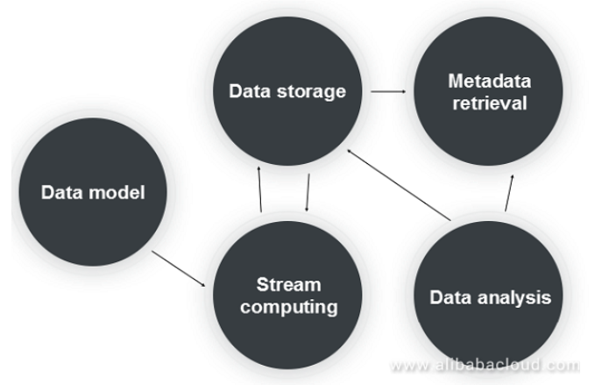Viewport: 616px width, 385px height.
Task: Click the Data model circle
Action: [x=92, y=191]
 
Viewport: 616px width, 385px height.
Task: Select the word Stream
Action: [x=288, y=285]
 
